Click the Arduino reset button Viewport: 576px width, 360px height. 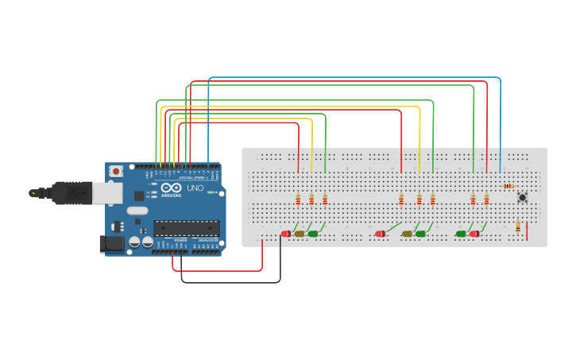tap(116, 170)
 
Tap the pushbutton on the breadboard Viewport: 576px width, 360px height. tap(522, 197)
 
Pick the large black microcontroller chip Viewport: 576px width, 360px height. tap(187, 228)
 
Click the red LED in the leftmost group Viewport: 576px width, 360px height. tap(286, 234)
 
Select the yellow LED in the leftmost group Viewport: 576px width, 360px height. tap(300, 234)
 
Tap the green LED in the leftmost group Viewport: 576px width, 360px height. tap(312, 234)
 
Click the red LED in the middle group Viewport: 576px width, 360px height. tap(381, 234)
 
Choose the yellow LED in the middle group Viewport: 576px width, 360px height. tap(407, 234)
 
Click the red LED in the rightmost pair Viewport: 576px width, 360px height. tap(474, 234)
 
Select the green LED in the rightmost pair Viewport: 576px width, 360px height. tap(461, 234)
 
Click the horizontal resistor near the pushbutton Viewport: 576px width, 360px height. tap(508, 186)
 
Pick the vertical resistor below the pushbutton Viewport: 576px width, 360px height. tap(518, 227)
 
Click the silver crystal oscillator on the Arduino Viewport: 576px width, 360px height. tap(137, 211)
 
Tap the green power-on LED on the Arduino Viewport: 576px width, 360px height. tap(211, 192)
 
